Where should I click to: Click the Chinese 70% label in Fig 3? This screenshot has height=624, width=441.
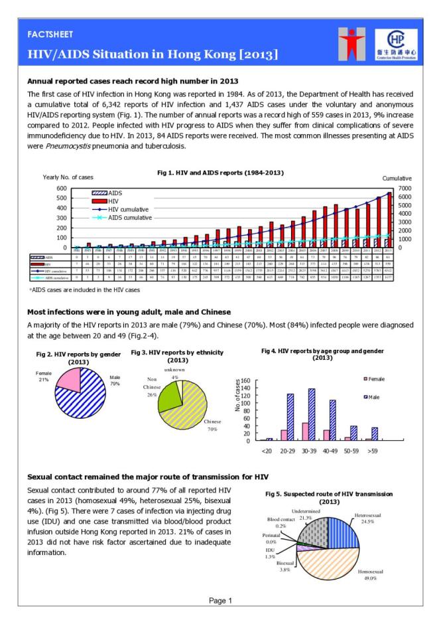coord(213,426)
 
